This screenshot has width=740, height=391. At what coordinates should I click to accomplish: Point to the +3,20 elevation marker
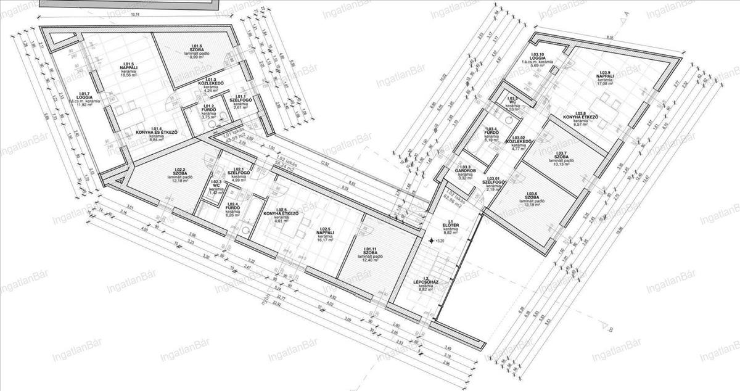click(439, 241)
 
